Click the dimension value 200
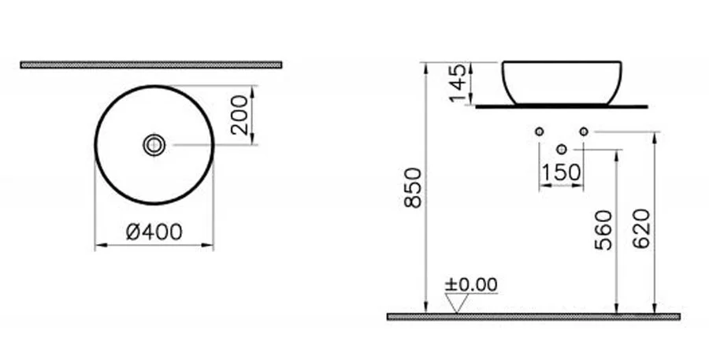pyautogui.click(x=243, y=116)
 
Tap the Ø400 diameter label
pyautogui.click(x=154, y=232)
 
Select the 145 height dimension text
pyautogui.click(x=457, y=84)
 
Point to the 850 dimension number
pyautogui.click(x=412, y=188)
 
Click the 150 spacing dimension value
pyautogui.click(x=562, y=172)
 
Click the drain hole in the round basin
pyautogui.click(x=154, y=145)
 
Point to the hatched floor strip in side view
pyautogui.click(x=533, y=317)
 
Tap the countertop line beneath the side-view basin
pyautogui.click(x=560, y=106)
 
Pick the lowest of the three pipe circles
pyautogui.click(x=562, y=149)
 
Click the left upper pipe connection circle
pyautogui.click(x=539, y=131)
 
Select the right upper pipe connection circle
pyautogui.click(x=585, y=131)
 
